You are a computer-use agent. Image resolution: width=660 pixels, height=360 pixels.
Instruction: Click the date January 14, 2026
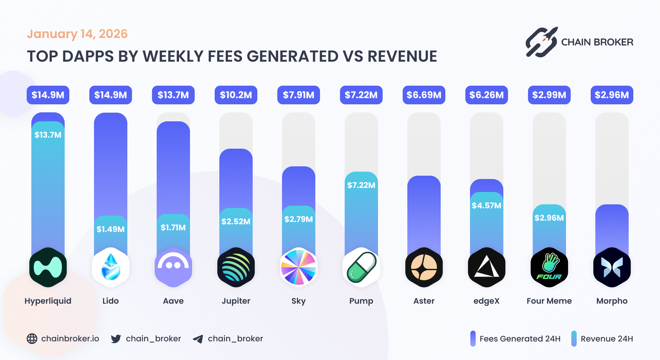pyautogui.click(x=77, y=34)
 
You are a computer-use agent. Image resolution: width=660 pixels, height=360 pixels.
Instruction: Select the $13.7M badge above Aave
pyautogui.click(x=173, y=95)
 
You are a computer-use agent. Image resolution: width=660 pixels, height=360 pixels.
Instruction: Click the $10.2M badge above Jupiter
pyautogui.click(x=236, y=95)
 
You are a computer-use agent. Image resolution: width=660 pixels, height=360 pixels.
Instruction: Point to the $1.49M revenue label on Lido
pyautogui.click(x=110, y=229)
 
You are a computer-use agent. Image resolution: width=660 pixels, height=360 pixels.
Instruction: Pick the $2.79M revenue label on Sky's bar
pyautogui.click(x=298, y=219)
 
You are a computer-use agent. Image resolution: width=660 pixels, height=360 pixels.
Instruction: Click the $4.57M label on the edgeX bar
pyautogui.click(x=486, y=205)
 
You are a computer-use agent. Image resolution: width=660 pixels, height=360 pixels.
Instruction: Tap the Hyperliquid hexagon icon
pyautogui.click(x=48, y=267)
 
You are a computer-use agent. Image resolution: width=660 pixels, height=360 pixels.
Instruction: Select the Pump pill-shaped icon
pyautogui.click(x=361, y=267)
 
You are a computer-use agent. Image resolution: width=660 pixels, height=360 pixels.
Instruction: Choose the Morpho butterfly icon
pyautogui.click(x=612, y=267)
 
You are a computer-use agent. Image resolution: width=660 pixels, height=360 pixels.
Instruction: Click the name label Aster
pyautogui.click(x=424, y=301)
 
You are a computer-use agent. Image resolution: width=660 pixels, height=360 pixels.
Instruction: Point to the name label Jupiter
pyautogui.click(x=236, y=301)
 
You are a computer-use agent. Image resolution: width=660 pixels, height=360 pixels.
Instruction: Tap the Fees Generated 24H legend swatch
pyautogui.click(x=473, y=339)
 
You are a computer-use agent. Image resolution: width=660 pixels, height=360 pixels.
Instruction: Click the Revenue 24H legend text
pyautogui.click(x=607, y=339)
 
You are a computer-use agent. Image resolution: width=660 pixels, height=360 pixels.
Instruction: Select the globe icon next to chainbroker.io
pyautogui.click(x=32, y=339)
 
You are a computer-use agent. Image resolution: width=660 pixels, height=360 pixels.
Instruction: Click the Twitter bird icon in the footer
pyautogui.click(x=116, y=339)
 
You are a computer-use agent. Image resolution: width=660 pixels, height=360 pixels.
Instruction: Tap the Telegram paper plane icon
pyautogui.click(x=198, y=339)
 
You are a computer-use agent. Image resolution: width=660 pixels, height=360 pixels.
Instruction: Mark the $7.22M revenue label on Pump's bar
pyautogui.click(x=361, y=185)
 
